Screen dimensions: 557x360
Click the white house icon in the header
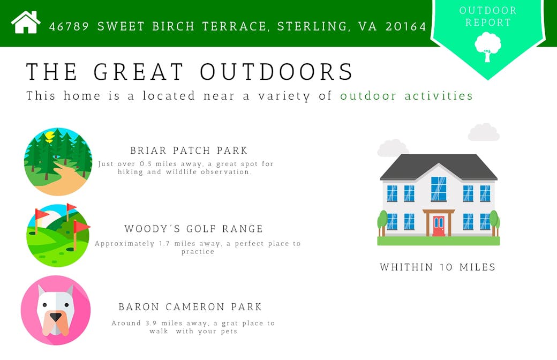point(26,22)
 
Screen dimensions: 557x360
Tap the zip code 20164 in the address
point(406,26)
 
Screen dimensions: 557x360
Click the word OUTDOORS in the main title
point(276,71)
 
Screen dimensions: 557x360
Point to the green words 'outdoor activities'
point(407,95)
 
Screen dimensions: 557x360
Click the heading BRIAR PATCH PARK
point(189,151)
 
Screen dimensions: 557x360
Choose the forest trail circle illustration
point(58,162)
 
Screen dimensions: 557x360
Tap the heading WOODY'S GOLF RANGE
point(193,229)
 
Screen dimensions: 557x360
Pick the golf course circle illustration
point(58,235)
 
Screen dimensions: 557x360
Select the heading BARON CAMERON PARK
point(190,306)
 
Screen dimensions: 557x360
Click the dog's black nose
point(55,317)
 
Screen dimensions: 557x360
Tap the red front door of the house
point(439,226)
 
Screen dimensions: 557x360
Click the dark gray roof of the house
point(439,167)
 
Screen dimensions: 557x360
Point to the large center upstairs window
point(439,189)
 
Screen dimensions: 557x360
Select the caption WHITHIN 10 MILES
point(438,267)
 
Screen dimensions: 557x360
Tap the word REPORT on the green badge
point(488,22)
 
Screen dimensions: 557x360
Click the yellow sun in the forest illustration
point(49,136)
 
